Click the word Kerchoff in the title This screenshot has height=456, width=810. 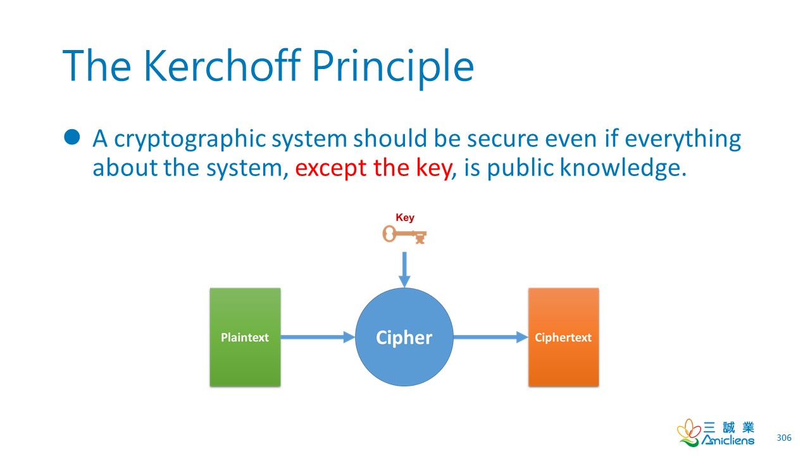pos(222,65)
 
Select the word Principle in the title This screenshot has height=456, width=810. pos(393,69)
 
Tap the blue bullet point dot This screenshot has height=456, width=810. pos(72,137)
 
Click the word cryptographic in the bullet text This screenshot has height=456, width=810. pos(190,139)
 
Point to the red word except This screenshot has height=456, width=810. pos(331,168)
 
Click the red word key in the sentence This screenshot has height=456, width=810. pos(434,168)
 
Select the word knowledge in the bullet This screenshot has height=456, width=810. pos(623,168)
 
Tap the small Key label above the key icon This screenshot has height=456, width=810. pos(405,217)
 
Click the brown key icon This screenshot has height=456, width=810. pos(404,234)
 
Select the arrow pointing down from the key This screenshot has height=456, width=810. pos(404,270)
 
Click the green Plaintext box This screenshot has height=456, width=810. pos(245,337)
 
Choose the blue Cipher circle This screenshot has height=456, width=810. pos(404,337)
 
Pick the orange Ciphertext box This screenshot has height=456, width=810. pos(563,337)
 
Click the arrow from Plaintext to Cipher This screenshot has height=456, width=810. pos(318,337)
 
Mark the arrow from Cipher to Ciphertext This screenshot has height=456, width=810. pos(490,337)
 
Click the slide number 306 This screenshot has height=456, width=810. pos(784,438)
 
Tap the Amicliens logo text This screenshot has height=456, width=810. pos(728,440)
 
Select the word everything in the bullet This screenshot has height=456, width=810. pos(683,139)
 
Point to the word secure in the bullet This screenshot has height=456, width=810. pos(502,139)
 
